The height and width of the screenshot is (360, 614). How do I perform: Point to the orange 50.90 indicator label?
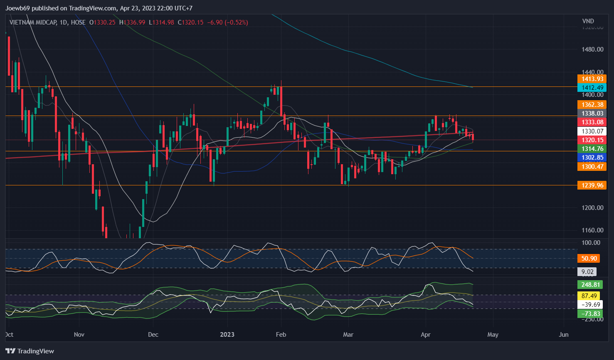point(589,259)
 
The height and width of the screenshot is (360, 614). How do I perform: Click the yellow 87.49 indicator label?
point(589,296)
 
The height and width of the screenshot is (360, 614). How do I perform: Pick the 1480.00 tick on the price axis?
point(592,49)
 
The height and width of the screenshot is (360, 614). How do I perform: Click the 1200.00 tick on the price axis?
point(592,208)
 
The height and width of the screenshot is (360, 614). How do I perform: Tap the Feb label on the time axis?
point(281,335)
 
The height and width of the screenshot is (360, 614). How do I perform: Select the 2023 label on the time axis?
point(227,335)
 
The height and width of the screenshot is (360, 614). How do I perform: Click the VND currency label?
point(588,21)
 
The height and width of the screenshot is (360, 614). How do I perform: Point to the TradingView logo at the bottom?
point(30,351)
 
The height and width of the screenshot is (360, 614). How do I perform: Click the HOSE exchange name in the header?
point(78,22)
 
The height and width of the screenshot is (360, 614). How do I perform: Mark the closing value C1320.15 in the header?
point(191,22)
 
